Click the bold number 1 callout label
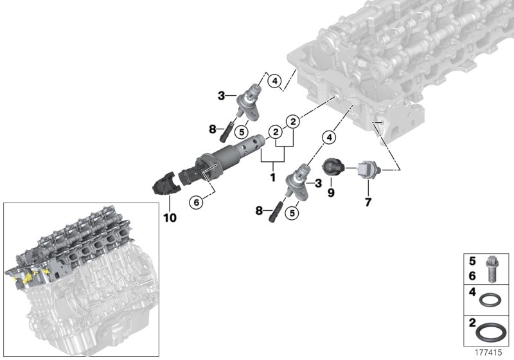(273, 175)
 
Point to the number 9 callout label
(331, 192)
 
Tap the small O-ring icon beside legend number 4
(492, 300)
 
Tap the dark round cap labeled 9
(333, 166)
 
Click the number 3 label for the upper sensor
(222, 96)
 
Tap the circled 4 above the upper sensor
(274, 82)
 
